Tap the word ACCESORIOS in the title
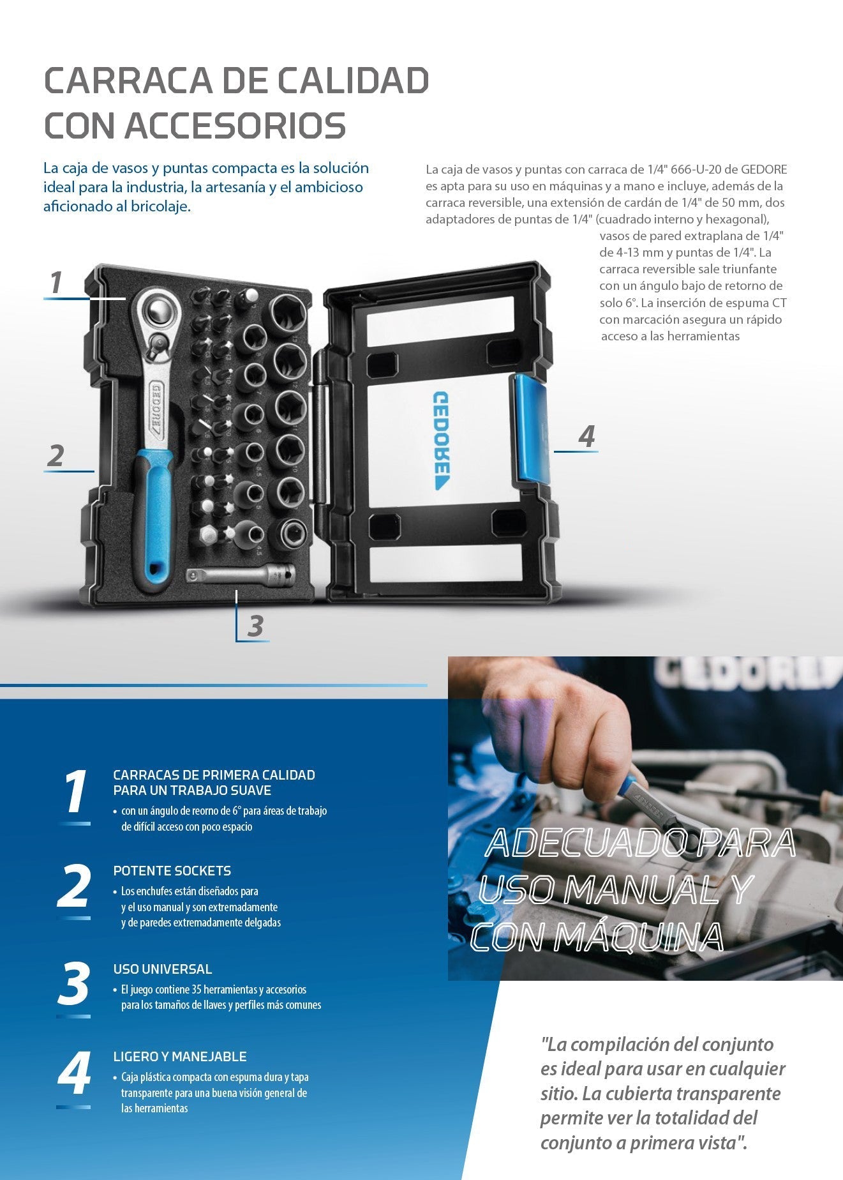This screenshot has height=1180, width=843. pyautogui.click(x=235, y=125)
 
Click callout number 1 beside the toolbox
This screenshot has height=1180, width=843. pyautogui.click(x=56, y=282)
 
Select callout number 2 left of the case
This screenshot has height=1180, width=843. pyautogui.click(x=56, y=455)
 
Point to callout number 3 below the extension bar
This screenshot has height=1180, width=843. pyautogui.click(x=255, y=626)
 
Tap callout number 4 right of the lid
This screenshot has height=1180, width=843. pyautogui.click(x=586, y=436)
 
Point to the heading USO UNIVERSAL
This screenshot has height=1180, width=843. pyautogui.click(x=162, y=969)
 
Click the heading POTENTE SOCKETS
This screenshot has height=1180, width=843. pyautogui.click(x=172, y=870)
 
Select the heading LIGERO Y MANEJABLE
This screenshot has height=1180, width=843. pyautogui.click(x=179, y=1056)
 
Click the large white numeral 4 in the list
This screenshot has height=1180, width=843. pyautogui.click(x=74, y=1073)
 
